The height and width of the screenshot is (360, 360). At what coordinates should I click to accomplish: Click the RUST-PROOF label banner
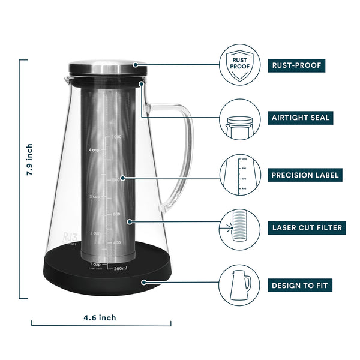point(296,66)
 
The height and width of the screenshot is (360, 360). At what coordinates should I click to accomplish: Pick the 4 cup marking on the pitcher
point(95,149)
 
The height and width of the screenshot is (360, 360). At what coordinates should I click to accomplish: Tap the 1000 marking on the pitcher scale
point(116,137)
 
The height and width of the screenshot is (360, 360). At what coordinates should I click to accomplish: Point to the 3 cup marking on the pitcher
point(95,196)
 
